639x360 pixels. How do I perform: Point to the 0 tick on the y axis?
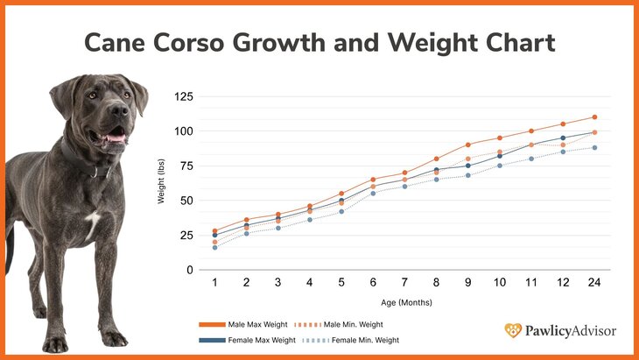pyautogui.click(x=187, y=270)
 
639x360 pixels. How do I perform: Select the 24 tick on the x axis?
pyautogui.click(x=594, y=284)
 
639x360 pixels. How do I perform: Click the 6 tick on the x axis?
pyautogui.click(x=373, y=284)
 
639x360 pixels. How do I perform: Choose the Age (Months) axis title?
pyautogui.click(x=404, y=302)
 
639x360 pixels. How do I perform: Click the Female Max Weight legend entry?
pyautogui.click(x=260, y=339)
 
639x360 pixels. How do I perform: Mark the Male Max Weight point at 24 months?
pyautogui.click(x=594, y=116)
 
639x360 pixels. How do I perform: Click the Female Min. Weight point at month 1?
pyautogui.click(x=214, y=247)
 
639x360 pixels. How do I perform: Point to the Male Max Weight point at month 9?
pyautogui.click(x=467, y=145)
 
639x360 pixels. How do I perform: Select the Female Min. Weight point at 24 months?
pyautogui.click(x=594, y=147)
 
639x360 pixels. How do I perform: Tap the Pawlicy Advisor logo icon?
pyautogui.click(x=514, y=330)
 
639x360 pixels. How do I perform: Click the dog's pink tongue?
pyautogui.click(x=115, y=138)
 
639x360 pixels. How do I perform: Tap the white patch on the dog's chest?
pyautogui.click(x=92, y=224)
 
